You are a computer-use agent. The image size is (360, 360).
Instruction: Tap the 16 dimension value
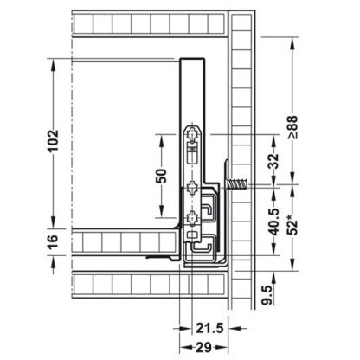(52, 241)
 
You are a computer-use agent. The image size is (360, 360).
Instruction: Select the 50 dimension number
(160, 176)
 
